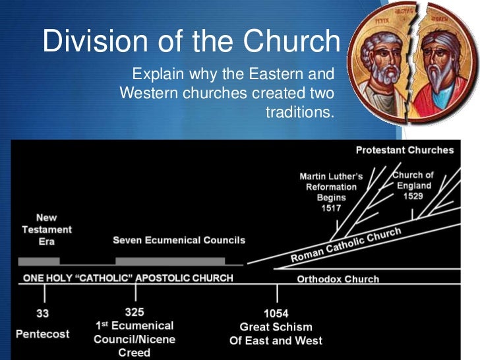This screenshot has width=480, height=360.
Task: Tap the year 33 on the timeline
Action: [42, 313]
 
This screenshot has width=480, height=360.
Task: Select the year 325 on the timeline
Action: [135, 312]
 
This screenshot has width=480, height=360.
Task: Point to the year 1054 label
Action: [276, 314]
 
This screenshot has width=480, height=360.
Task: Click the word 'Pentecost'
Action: [42, 334]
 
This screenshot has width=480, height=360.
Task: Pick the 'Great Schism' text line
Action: [276, 327]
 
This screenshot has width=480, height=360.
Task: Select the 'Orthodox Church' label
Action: [338, 279]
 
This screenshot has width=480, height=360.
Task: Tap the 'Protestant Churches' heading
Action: [405, 150]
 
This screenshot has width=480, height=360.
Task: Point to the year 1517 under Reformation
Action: [330, 208]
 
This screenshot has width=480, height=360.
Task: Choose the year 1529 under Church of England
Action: [413, 196]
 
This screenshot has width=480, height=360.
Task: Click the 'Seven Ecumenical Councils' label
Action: [179, 240]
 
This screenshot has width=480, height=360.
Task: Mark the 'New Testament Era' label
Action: [46, 228]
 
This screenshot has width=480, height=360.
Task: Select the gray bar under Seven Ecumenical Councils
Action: [169, 261]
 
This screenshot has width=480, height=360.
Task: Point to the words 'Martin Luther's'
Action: [331, 177]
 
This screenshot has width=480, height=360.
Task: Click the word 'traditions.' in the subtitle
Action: [300, 112]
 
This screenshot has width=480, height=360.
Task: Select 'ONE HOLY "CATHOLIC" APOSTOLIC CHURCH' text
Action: [128, 278]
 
